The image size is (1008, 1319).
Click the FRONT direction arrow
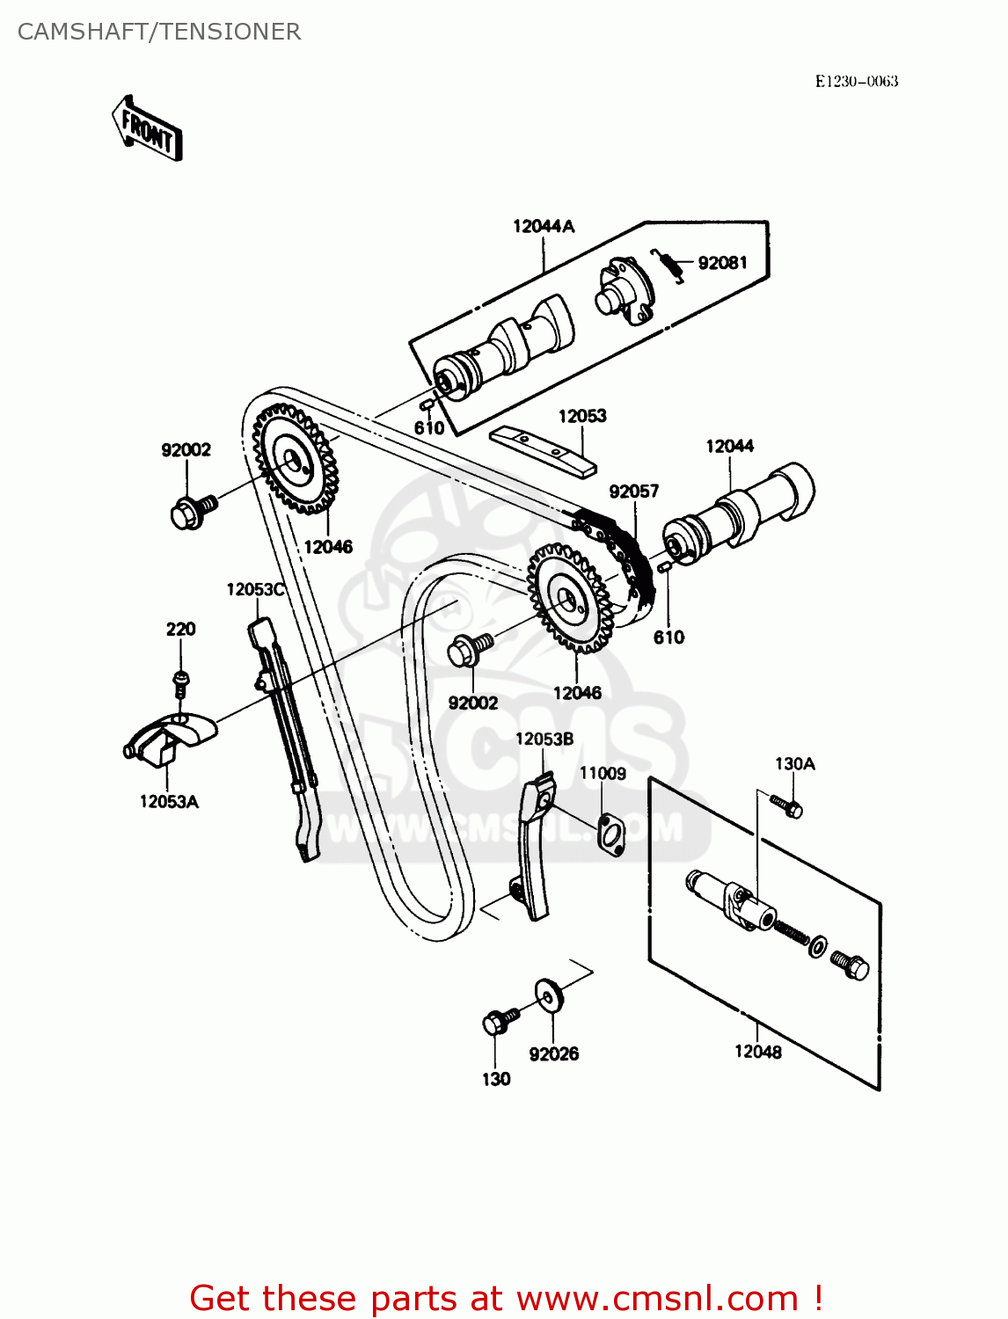click(148, 129)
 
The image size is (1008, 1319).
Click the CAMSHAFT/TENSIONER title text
click(159, 32)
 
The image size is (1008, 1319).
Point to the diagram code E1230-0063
click(856, 82)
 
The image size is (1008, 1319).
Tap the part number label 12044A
click(544, 227)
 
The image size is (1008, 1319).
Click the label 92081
click(722, 263)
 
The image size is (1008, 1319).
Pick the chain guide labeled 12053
click(542, 449)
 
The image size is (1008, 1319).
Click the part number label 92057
click(633, 492)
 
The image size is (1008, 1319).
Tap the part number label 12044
click(729, 447)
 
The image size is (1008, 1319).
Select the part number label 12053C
click(255, 590)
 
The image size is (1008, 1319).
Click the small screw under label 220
click(180, 681)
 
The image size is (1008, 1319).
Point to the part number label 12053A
click(169, 802)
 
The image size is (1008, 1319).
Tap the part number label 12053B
click(544, 740)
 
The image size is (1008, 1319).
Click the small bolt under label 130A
click(787, 805)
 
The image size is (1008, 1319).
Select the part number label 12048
click(757, 1052)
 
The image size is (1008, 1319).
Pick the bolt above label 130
click(499, 1022)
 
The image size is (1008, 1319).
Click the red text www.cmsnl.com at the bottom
click(656, 1298)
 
